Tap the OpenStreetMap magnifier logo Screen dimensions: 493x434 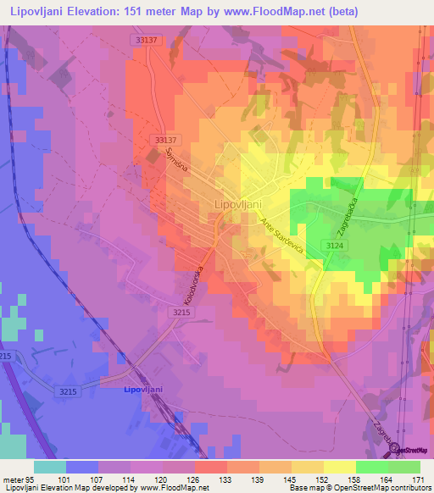pos(394,450)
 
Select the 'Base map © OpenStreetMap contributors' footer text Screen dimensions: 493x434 pos(359,488)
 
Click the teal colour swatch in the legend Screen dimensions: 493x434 pos(49,467)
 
